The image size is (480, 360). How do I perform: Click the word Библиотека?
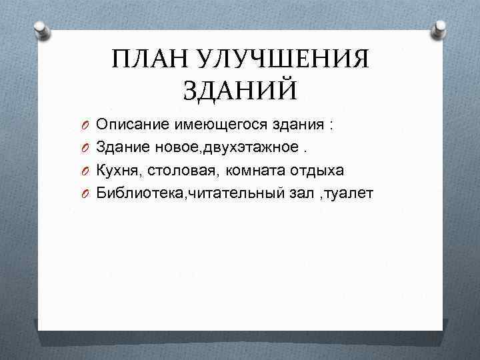click(x=137, y=193)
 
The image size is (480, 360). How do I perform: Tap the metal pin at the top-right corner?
click(x=439, y=28)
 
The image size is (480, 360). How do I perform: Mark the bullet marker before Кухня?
click(x=86, y=171)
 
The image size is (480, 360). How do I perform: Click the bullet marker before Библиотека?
click(x=86, y=194)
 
